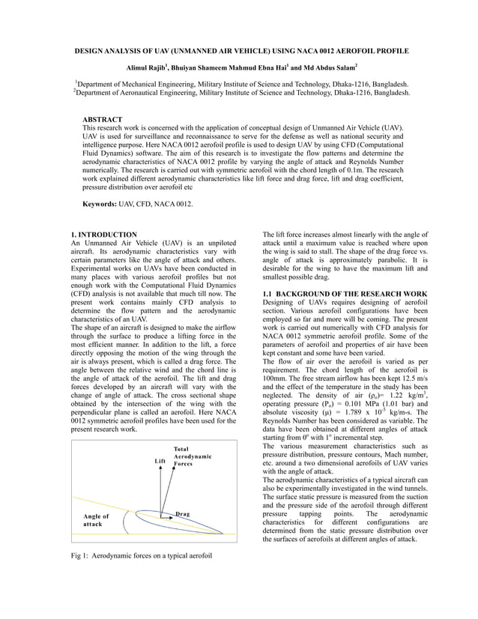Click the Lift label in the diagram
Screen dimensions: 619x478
pos(160,462)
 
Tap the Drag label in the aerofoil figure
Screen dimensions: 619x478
pos(181,514)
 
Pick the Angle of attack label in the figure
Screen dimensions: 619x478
pos(96,520)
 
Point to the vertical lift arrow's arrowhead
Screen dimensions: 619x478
pos(162,472)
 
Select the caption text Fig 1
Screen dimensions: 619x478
pos(79,557)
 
